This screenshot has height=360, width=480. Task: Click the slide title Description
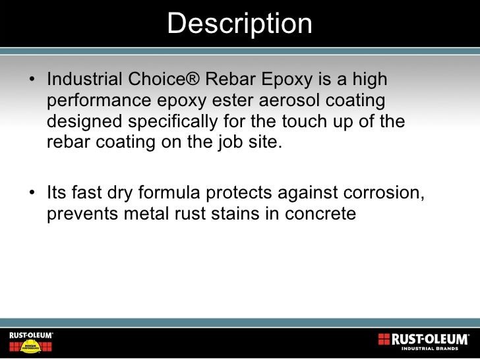(239, 24)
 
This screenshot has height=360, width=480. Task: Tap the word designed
(81, 122)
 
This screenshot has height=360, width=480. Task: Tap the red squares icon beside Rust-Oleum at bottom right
(384, 340)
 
